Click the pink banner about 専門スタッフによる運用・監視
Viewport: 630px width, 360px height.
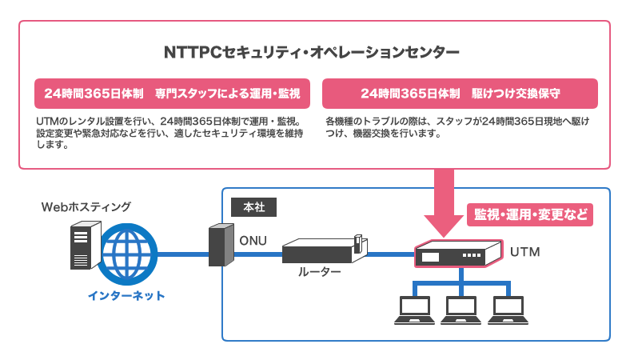pos(171,94)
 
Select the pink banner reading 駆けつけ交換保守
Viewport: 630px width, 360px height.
pos(460,94)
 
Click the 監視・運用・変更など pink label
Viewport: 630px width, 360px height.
pos(529,214)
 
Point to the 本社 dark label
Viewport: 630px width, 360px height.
pos(253,206)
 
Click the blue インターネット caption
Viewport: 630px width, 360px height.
pos(126,296)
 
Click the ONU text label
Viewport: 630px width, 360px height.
pos(253,240)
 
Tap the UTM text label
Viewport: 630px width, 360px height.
pos(525,253)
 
